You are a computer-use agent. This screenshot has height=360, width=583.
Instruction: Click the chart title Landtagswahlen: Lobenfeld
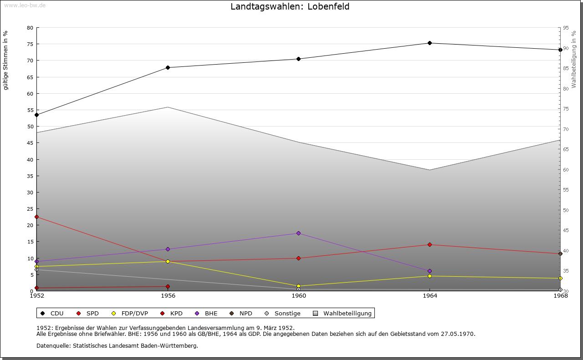[290, 7]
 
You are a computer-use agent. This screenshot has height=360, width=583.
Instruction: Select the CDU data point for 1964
[430, 43]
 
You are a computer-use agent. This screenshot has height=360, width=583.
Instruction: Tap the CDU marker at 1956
[168, 68]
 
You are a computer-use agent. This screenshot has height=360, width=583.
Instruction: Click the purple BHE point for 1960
[299, 233]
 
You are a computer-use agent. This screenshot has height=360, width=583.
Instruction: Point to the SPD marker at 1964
[430, 245]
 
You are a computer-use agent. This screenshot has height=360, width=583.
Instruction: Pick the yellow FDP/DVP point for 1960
[299, 286]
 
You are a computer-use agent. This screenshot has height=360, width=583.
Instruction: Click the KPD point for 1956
[168, 287]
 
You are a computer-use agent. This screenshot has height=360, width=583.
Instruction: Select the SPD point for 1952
[37, 217]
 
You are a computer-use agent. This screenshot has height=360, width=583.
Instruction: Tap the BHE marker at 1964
[430, 271]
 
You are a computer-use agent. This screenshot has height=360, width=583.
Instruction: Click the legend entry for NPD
[242, 314]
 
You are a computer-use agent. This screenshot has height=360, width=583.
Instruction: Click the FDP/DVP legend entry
[130, 314]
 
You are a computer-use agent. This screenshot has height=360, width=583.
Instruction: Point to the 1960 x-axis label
[299, 296]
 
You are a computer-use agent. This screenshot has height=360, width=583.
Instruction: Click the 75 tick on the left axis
[30, 44]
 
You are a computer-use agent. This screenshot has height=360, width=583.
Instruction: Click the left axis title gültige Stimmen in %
[6, 61]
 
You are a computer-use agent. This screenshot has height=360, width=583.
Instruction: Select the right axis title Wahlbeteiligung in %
[574, 60]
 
